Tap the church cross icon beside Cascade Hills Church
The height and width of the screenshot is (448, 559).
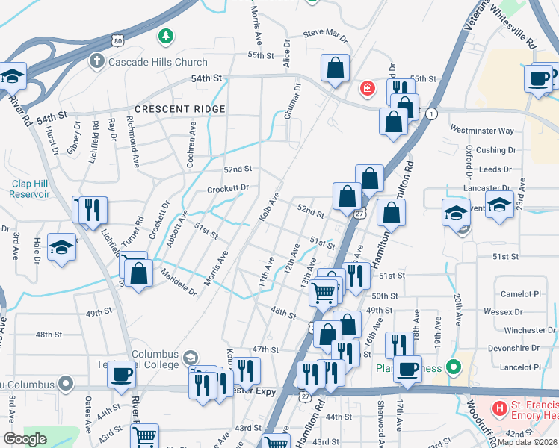click(95, 60)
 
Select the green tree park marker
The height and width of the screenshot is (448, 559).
click(166, 35)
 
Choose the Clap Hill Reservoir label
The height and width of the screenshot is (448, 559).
click(31, 188)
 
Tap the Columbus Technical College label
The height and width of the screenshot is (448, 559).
click(155, 359)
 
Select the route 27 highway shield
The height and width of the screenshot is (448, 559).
click(359, 214)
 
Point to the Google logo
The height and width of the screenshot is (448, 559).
click(25, 439)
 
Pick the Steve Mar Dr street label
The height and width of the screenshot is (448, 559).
click(325, 35)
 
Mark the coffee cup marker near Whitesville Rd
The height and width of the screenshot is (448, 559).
click(539, 78)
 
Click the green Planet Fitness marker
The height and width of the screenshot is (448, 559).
click(451, 367)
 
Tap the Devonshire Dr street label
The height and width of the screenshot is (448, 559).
click(513, 348)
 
